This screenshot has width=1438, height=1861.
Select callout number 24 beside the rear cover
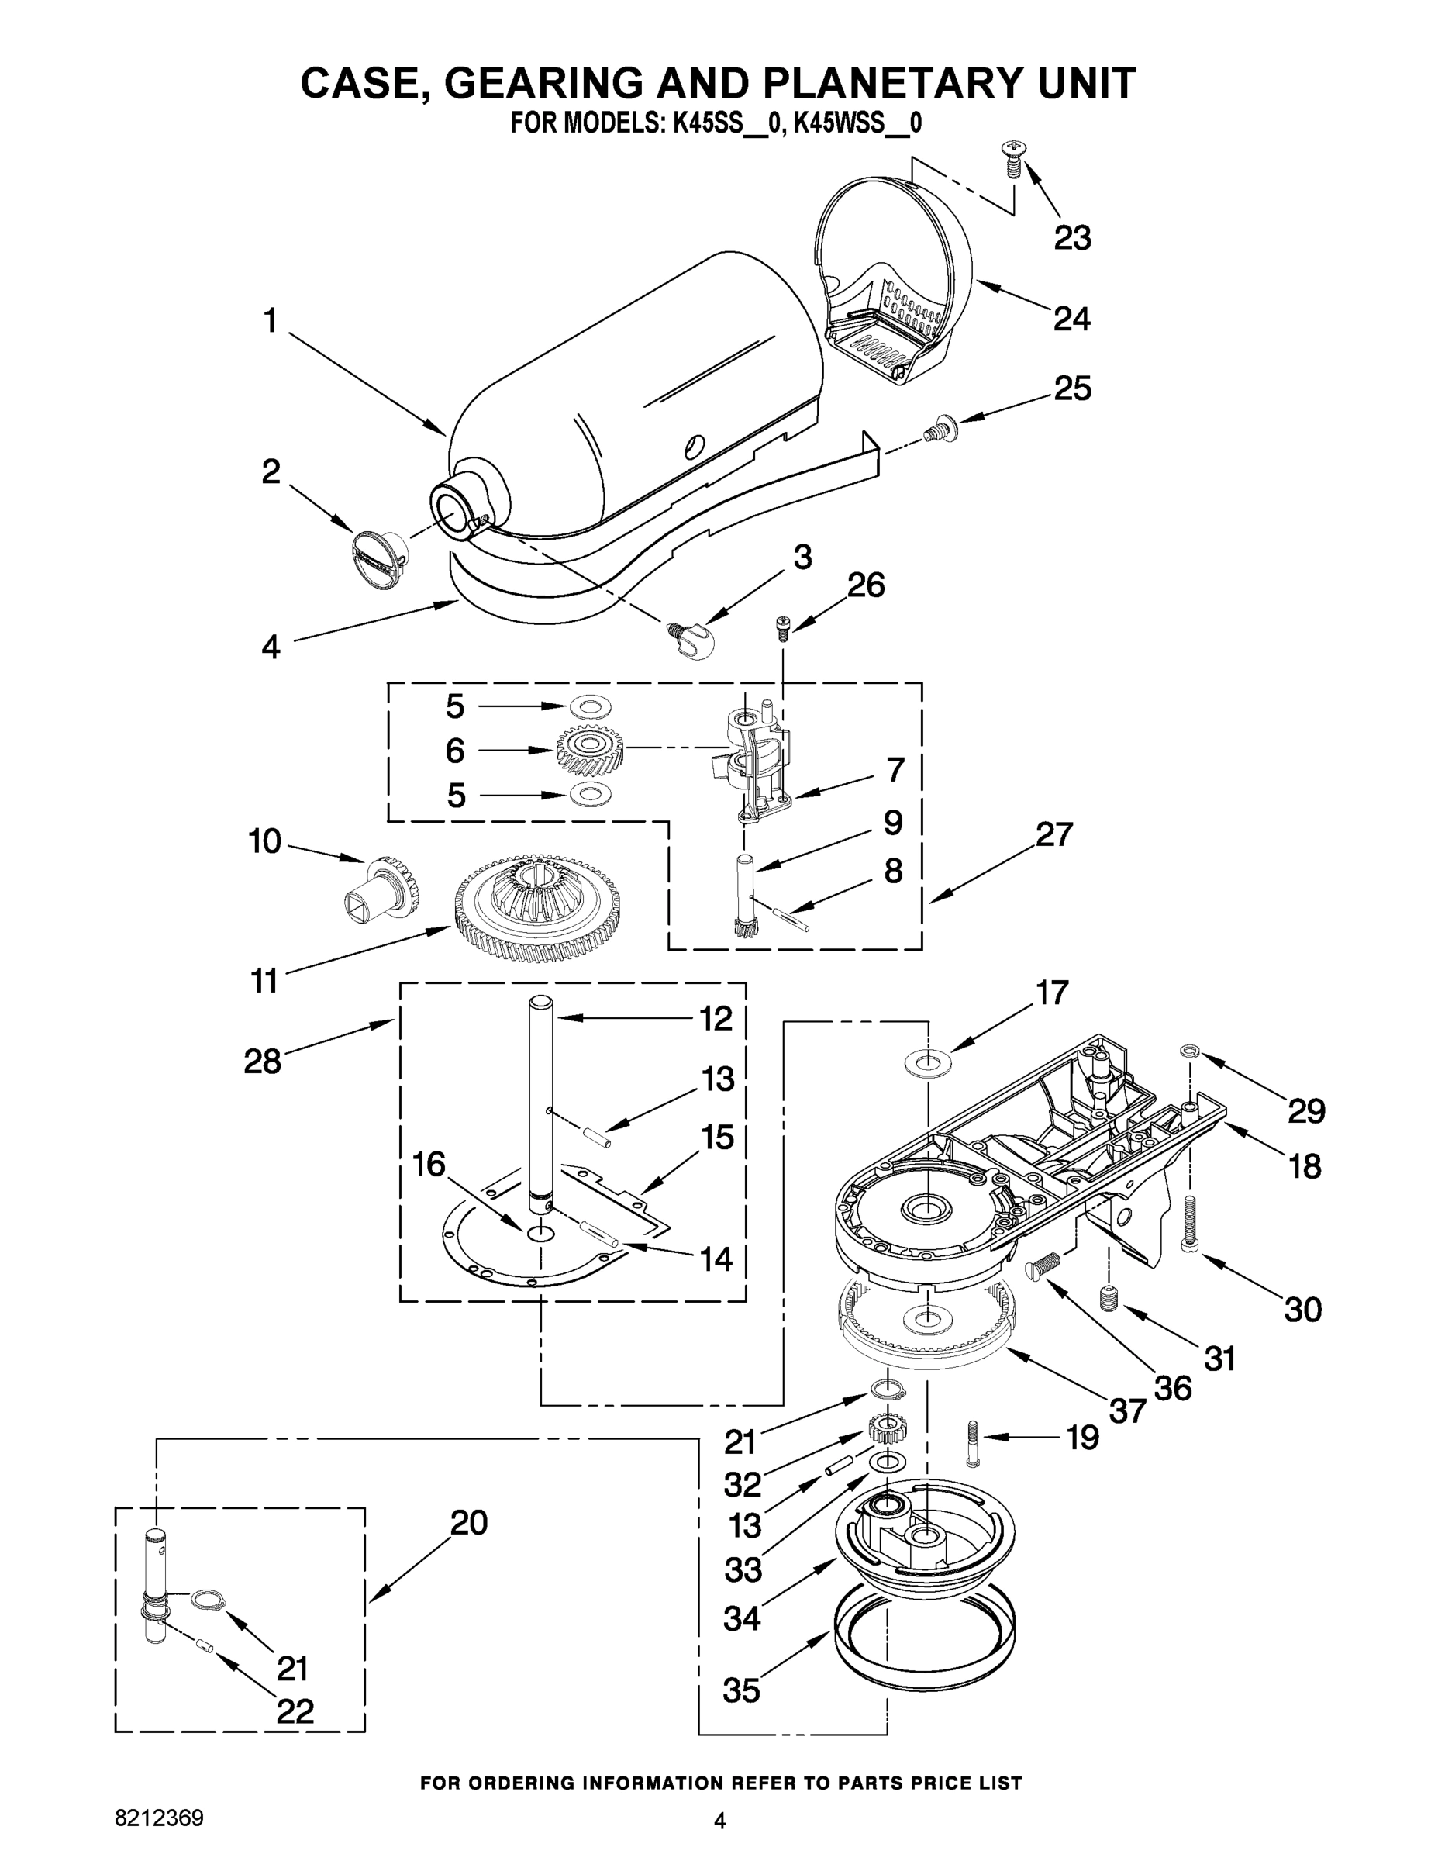1071,319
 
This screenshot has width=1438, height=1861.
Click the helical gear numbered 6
589,750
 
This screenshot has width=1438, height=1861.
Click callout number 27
1053,834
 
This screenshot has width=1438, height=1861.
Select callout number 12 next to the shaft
716,1017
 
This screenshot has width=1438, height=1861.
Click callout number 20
468,1523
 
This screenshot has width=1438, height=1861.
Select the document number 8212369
160,1818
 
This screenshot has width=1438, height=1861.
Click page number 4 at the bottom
720,1821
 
